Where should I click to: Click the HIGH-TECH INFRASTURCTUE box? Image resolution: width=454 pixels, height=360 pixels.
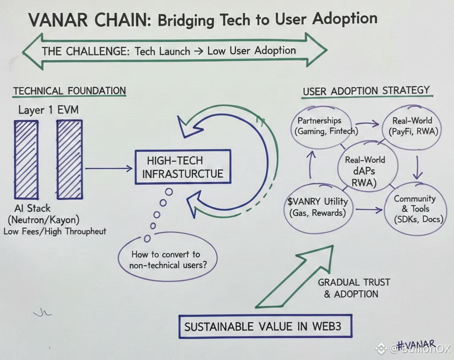click(183, 167)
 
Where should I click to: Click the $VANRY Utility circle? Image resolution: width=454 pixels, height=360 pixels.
click(317, 207)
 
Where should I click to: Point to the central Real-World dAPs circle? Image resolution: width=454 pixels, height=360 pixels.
click(365, 166)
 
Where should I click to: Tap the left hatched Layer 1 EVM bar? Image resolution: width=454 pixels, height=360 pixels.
click(26, 160)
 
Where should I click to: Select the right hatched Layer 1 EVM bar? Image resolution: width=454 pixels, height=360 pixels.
click(69, 160)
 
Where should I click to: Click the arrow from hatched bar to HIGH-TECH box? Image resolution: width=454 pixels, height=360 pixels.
click(109, 168)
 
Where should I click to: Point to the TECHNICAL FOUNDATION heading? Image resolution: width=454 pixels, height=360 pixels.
click(69, 91)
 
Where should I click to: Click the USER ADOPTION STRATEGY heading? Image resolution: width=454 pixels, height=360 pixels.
click(366, 91)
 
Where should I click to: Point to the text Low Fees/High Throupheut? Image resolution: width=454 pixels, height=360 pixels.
click(55, 231)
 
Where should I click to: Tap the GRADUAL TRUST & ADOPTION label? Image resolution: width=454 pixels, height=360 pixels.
click(353, 288)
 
